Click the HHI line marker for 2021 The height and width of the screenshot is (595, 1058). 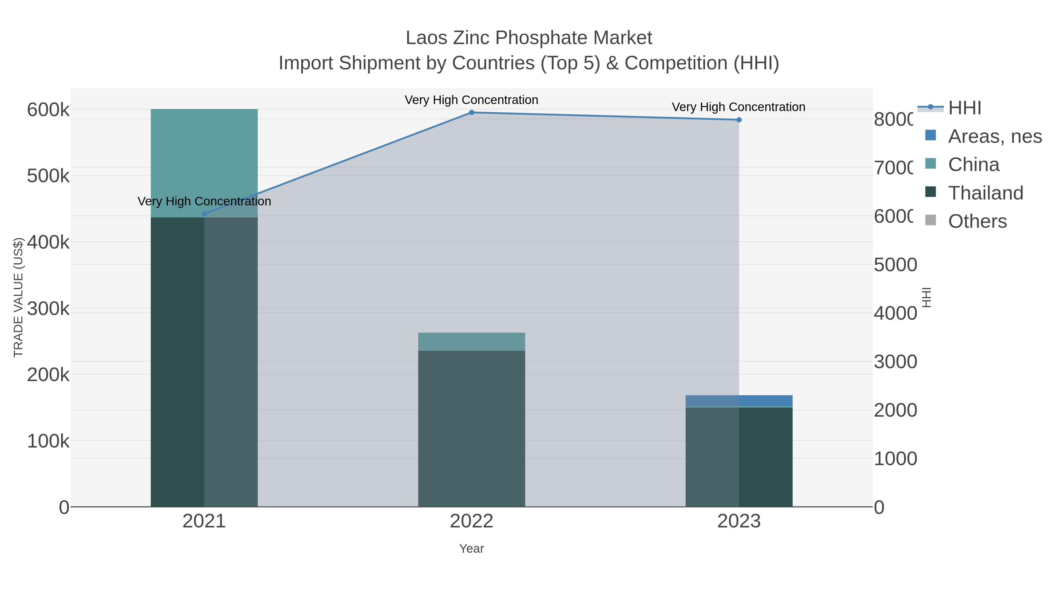coord(204,214)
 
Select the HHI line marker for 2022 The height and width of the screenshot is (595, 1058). coord(471,113)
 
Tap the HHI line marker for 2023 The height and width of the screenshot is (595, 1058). coord(739,120)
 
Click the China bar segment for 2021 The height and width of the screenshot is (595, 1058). coord(204,163)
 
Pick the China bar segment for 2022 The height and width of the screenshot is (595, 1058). coord(471,342)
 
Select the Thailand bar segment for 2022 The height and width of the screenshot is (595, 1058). coord(471,429)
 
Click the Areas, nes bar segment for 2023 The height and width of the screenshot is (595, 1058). coord(739,400)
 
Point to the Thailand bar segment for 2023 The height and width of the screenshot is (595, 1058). coord(739,457)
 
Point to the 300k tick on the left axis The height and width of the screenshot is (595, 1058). coord(48,309)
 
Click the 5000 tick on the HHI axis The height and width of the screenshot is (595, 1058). coord(895,265)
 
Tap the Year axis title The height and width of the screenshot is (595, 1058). coord(471,549)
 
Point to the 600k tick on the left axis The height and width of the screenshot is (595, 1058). coord(48,110)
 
